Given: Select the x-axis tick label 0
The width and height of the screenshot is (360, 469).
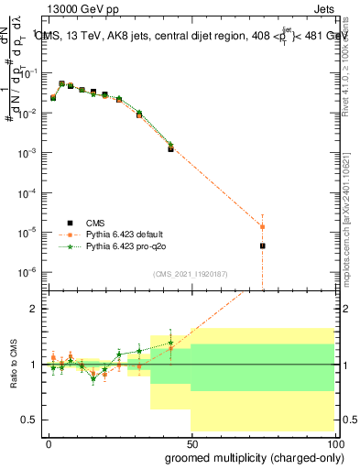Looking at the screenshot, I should point(49,442).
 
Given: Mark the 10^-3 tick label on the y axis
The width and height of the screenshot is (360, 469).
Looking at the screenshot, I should point(30,153).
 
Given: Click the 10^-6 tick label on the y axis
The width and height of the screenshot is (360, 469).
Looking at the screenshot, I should point(30,272).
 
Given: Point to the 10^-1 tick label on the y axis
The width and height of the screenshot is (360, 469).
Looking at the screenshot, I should point(30,73).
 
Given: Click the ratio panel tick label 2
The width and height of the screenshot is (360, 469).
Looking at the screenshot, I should point(36,309).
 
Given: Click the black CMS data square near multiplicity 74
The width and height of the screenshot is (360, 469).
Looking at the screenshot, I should point(262,245).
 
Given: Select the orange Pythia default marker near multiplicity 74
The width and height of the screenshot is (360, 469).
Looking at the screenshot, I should point(262,226).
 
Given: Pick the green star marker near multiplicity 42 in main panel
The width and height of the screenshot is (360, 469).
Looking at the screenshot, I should point(170,144).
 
